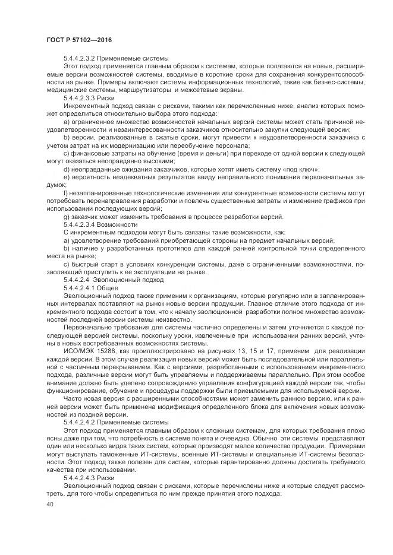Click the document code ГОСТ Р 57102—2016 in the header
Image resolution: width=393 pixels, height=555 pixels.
point(78,39)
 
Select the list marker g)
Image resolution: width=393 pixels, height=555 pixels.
point(66,217)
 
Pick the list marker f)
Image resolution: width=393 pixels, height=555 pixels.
point(65,194)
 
